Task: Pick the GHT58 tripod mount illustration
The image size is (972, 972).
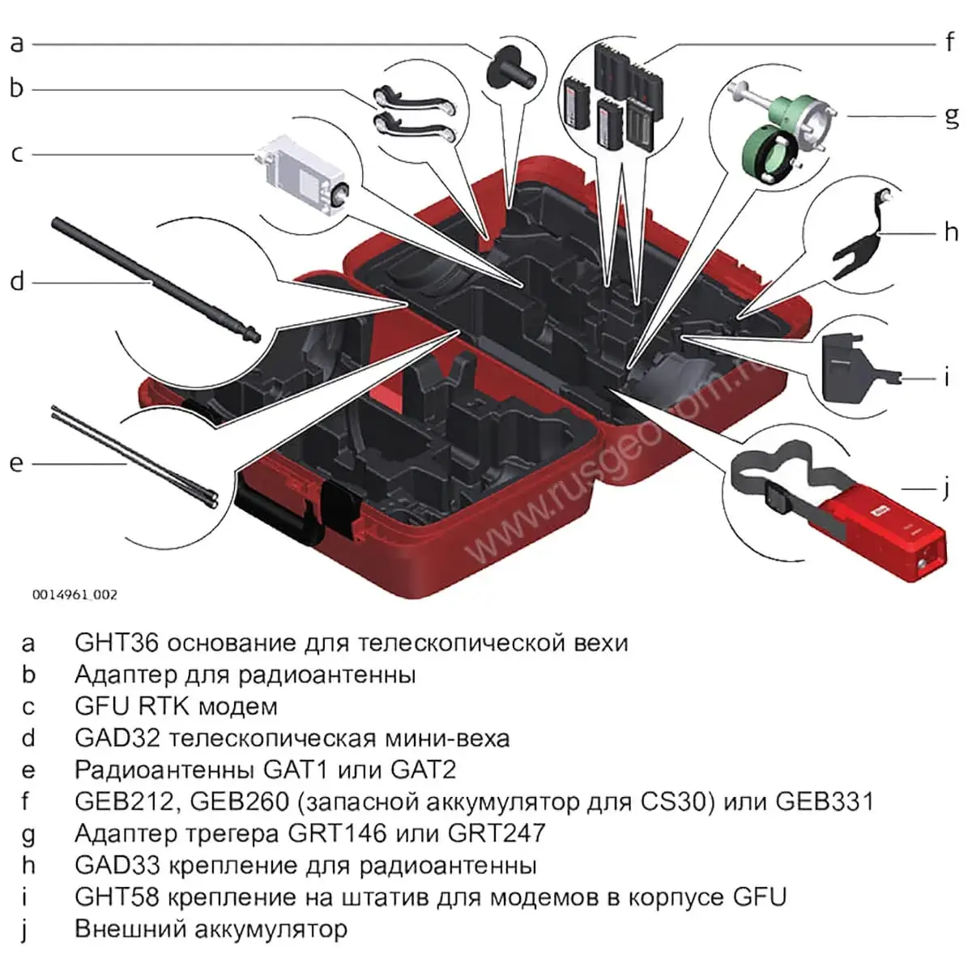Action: [850, 369]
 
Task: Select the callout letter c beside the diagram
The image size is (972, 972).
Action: [17, 153]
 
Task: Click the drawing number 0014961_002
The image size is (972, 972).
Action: [75, 595]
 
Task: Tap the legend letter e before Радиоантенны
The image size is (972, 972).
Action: [28, 769]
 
